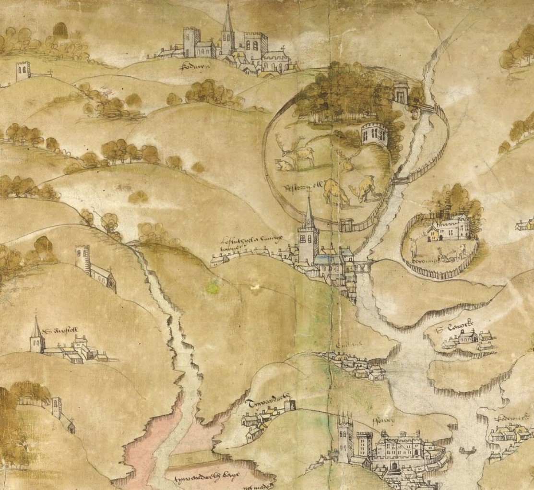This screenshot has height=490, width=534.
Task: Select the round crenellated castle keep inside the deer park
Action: coord(373,134)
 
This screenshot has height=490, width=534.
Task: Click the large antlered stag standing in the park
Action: coord(297,151)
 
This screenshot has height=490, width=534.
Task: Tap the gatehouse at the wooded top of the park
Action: coord(400,93)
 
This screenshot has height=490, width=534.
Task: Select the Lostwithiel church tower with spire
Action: coord(308,235)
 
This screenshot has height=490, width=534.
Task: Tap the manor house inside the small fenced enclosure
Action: coord(448,230)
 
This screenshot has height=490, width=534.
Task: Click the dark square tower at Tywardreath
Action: coord(289,405)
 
